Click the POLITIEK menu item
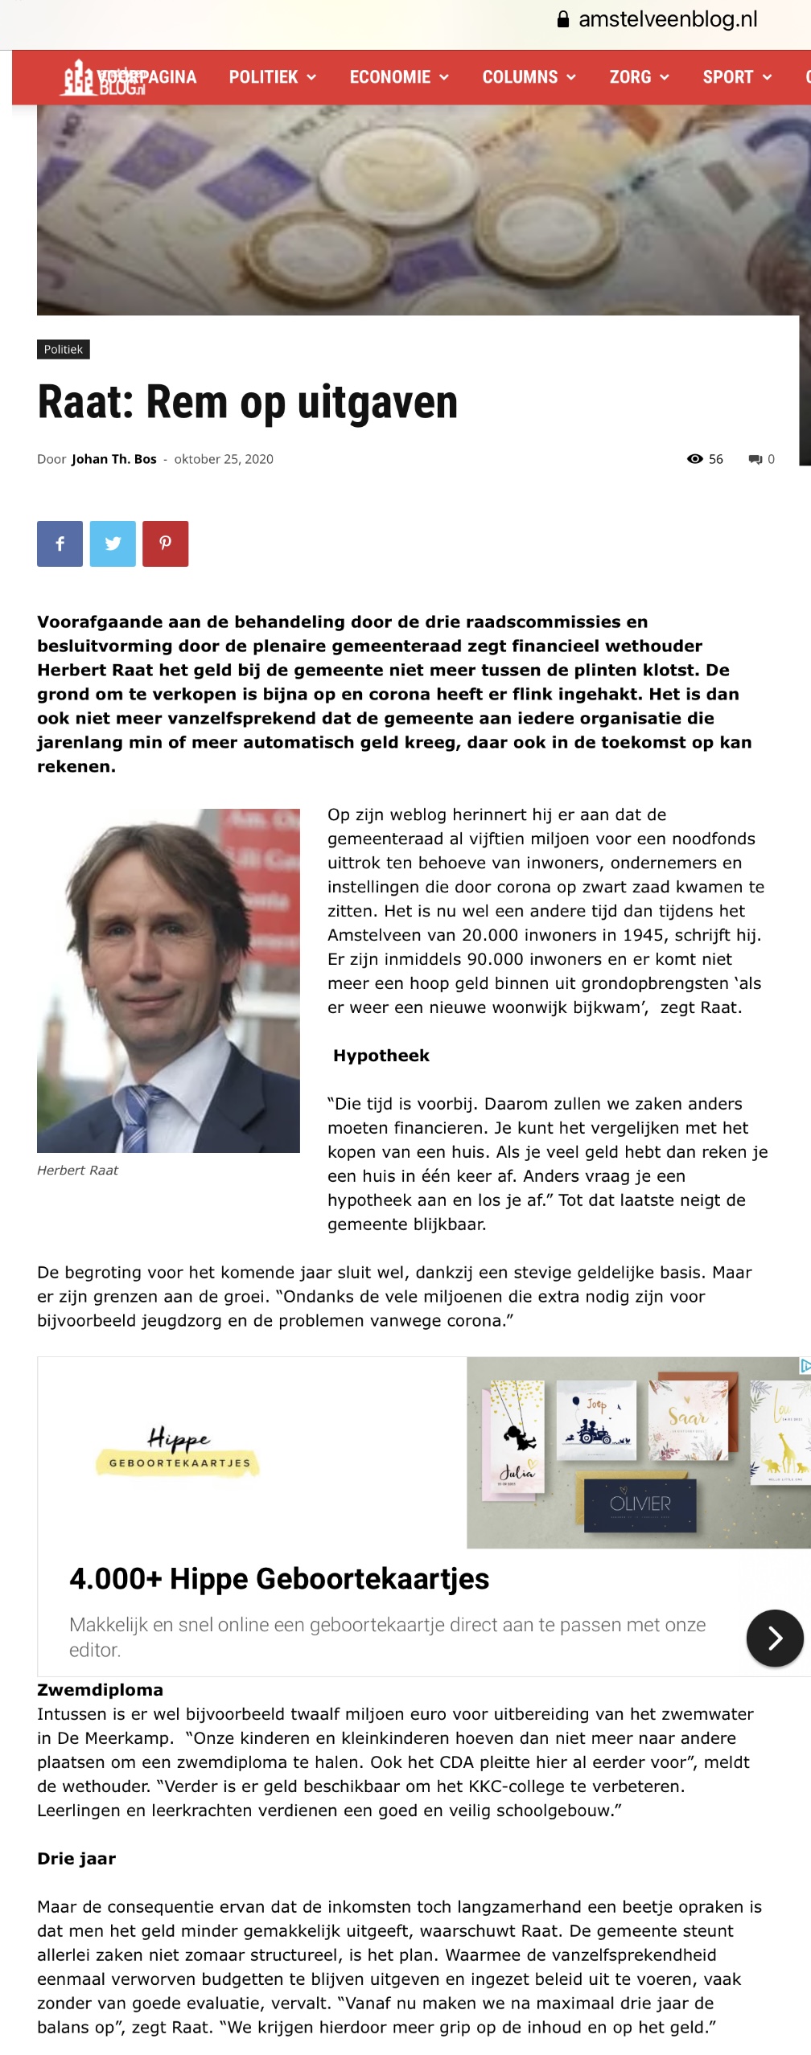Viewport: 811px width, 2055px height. pos(272,77)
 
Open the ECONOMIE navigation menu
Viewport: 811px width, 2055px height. pos(398,77)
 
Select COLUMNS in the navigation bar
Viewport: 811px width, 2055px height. pos(529,77)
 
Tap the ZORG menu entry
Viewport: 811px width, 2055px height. pos(639,77)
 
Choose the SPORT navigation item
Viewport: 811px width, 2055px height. pos(736,77)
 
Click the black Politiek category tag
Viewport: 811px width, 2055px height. pos(64,350)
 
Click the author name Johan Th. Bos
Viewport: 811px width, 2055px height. pos(114,459)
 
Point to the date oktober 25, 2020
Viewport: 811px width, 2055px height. pos(224,459)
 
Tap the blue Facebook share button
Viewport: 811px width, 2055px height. pos(60,543)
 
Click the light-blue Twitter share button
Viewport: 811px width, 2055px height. pos(113,543)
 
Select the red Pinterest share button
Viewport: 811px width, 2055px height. pos(166,543)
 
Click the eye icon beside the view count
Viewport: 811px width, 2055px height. pos(695,459)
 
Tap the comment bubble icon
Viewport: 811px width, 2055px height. pos(755,459)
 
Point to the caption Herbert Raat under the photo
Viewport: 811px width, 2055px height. pos(77,1171)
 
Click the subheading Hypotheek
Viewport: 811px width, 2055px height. pos(381,1056)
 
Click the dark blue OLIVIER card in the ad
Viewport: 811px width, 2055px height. pos(640,1503)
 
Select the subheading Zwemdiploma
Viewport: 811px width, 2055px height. pos(101,1690)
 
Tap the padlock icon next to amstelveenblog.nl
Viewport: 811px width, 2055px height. pos(563,20)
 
